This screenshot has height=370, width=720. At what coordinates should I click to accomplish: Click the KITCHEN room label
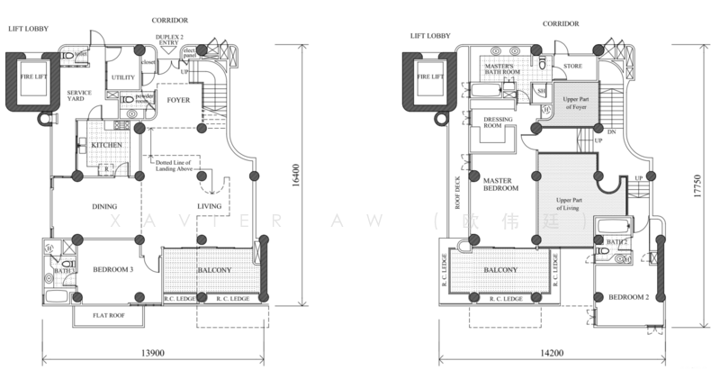(x=105, y=144)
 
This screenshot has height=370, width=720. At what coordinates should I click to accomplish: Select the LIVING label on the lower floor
(x=209, y=207)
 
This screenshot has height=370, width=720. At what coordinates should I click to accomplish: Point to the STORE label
(x=573, y=66)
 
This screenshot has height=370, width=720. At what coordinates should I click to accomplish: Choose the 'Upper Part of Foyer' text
(x=570, y=102)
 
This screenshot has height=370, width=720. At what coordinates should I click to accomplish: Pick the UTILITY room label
(x=123, y=78)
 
